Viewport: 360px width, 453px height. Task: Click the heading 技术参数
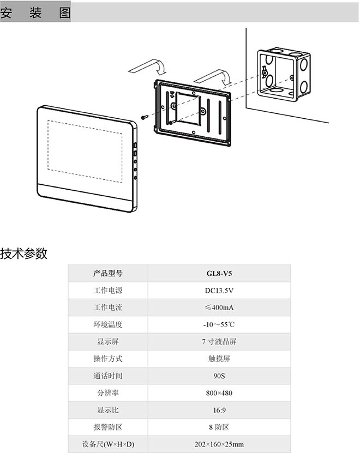click(24, 253)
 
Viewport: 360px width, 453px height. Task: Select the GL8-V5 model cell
click(219, 273)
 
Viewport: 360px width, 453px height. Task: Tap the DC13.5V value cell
click(219, 291)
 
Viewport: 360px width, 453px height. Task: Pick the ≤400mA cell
click(219, 307)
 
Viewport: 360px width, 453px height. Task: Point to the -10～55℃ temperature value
click(219, 325)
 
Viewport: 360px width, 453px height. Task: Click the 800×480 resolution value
click(219, 393)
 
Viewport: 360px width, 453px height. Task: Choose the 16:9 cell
click(219, 410)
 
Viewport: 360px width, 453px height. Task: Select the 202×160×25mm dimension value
click(219, 444)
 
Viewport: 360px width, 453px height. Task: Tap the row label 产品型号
click(108, 273)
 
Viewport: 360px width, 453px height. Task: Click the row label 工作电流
click(108, 307)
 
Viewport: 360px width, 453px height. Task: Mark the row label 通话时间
click(108, 376)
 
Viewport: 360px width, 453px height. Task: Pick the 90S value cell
click(219, 376)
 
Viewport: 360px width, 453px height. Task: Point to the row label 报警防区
click(108, 427)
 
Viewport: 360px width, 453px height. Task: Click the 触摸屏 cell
click(219, 359)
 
